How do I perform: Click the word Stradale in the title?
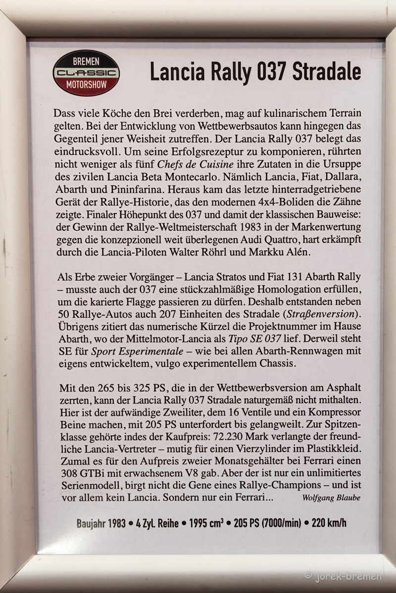pos(327,72)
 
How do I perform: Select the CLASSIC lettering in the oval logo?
pos(86,73)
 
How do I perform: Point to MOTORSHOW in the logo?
pos(86,85)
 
